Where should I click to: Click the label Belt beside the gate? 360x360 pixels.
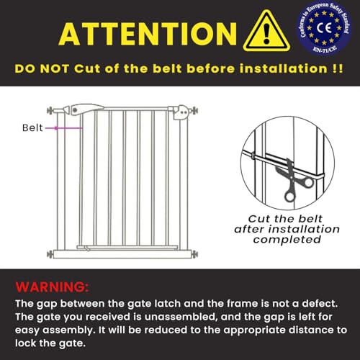[x=31, y=127]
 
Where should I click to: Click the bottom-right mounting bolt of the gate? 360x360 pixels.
[x=193, y=253]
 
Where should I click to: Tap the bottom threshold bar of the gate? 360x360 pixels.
[x=122, y=253]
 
